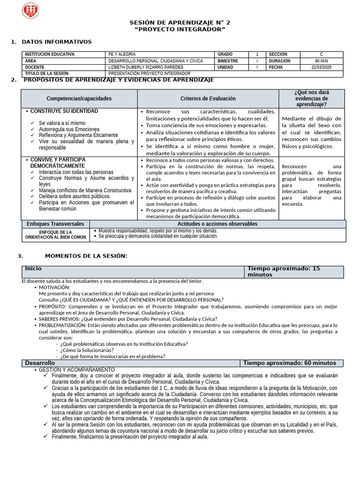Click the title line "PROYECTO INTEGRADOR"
[x=180, y=30]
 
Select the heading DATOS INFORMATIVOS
[x=57, y=42]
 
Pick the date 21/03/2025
[x=321, y=67]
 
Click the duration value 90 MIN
[x=321, y=61]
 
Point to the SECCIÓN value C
[x=321, y=54]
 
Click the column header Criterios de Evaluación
[x=208, y=98]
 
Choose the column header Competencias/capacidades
[x=79, y=98]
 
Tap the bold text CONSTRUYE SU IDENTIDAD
[x=64, y=112]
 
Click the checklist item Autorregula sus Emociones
[x=69, y=129]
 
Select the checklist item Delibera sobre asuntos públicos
[x=75, y=196]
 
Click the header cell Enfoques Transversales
[x=55, y=224]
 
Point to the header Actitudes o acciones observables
[x=217, y=224]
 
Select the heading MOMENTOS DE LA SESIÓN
[x=86, y=256]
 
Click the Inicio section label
[x=33, y=269]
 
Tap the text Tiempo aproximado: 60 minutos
[x=290, y=363]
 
